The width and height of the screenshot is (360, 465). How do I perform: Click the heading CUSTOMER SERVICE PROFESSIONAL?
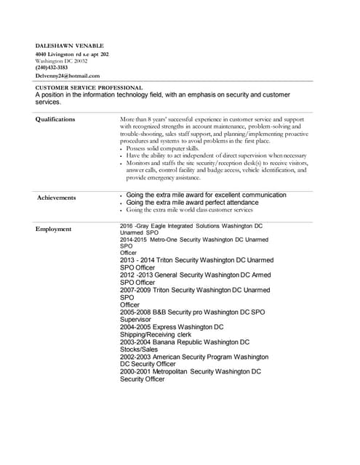coord(89,88)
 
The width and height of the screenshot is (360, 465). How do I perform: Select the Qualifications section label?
coord(55,119)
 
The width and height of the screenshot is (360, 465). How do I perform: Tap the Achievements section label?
coord(56,197)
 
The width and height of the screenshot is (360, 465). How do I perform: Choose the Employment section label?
coord(54,230)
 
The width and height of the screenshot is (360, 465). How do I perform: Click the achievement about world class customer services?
coord(189,210)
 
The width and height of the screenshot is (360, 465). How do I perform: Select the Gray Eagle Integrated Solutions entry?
coord(191,226)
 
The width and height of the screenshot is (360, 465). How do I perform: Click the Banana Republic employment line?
coord(185,341)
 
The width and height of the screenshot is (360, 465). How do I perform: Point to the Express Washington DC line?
coord(172,327)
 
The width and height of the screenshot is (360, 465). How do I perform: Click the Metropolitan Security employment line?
coord(191,371)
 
